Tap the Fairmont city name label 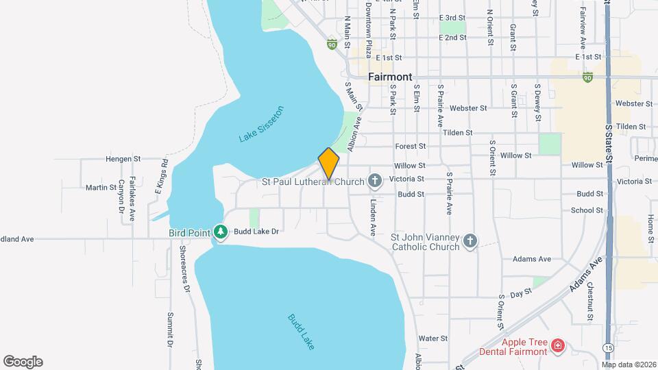coord(389,77)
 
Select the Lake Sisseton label coord(261,124)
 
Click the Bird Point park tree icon coord(220,232)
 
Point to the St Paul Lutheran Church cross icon coord(374,182)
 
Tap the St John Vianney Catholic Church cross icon coord(470,241)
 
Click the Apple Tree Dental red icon coord(557,345)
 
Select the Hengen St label coord(123,158)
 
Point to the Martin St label coord(101,187)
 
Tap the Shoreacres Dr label coord(184,269)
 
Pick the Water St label coord(432,338)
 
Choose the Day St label coord(521,292)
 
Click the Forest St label coord(411,146)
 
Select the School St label coord(587,210)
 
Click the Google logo coord(23,362)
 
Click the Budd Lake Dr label coord(256,232)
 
